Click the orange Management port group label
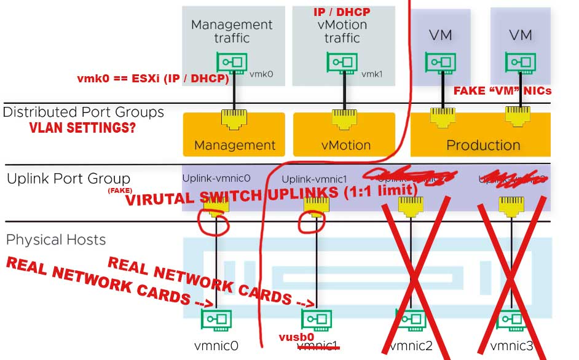tap(235, 146)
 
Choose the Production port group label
tap(483, 146)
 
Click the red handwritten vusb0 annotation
tap(296, 337)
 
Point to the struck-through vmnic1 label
tap(318, 346)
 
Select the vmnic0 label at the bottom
tap(216, 346)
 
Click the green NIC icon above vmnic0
tap(216, 320)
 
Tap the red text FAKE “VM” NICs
tap(502, 91)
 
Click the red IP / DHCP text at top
tap(342, 12)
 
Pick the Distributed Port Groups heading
tap(84, 112)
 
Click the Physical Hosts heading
tap(56, 240)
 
